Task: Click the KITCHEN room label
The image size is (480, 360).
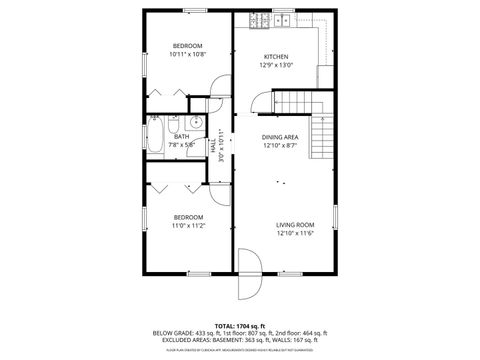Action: point(276,56)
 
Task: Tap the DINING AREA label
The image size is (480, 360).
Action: point(280,137)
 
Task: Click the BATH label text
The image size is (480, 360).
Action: point(181,136)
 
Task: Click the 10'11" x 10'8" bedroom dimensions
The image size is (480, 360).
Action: point(188,56)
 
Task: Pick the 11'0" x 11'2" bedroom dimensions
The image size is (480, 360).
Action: point(188,226)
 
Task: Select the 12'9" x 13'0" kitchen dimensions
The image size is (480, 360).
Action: point(276,65)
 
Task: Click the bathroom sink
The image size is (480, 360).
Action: point(196,124)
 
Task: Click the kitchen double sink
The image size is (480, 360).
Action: point(284,20)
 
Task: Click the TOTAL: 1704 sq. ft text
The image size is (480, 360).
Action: point(240,326)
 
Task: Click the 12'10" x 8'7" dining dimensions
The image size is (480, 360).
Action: point(280,146)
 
